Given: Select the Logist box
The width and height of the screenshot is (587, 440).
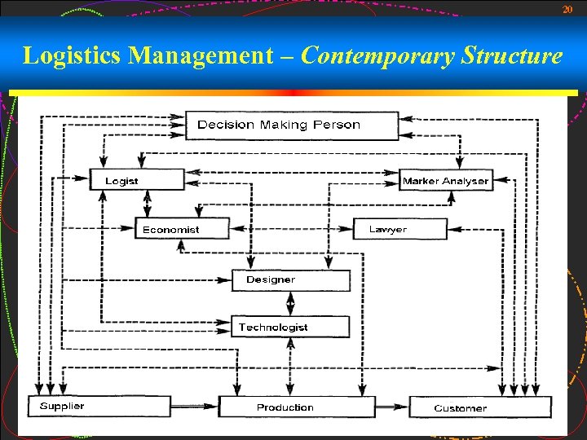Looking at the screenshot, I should point(137,180).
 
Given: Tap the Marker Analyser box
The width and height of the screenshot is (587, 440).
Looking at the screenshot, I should point(445,180).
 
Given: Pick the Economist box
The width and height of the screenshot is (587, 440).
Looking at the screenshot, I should point(181,229).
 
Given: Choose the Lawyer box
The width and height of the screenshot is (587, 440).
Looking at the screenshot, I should point(400,229).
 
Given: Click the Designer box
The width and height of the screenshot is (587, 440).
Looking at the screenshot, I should point(290,279).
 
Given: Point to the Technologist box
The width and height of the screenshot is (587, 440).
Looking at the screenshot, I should point(290,327).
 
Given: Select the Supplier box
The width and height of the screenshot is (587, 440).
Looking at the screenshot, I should point(99,406).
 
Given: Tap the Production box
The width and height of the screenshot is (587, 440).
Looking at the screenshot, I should point(296,407).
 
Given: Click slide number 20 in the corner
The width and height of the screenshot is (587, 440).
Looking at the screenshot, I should point(567,9).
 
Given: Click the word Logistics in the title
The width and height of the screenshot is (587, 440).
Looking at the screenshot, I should point(73,56).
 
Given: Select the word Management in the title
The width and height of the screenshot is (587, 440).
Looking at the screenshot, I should point(201,56).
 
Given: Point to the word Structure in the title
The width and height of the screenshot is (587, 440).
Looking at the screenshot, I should point(512,56).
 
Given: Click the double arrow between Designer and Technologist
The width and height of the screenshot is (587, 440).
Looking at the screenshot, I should point(290,303).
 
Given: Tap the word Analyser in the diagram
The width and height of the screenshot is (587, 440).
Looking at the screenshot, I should point(466,181).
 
